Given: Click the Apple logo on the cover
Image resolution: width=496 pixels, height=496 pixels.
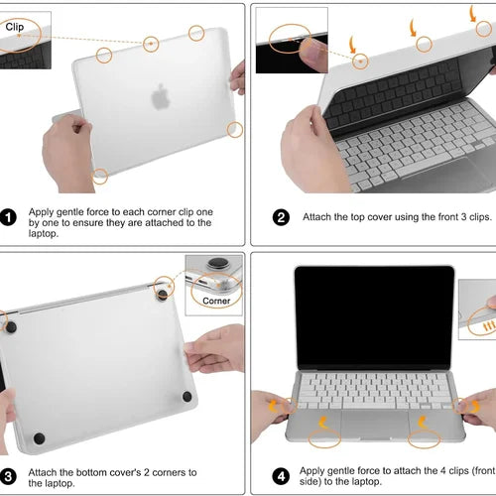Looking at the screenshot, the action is point(161,96).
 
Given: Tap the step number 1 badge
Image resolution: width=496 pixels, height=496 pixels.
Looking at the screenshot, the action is point(8,217).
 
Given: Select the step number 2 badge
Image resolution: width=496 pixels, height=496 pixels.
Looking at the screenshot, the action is point(281,217).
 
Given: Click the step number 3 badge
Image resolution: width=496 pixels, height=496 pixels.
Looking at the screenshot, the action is point(8,476).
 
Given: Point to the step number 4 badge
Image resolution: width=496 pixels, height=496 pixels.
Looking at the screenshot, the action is point(281,476).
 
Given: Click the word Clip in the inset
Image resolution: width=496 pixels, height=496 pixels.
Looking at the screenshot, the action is point(15,27).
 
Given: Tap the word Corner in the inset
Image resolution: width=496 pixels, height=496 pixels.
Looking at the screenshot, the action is point(216,301).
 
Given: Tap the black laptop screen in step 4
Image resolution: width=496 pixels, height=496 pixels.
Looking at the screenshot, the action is point(375,317).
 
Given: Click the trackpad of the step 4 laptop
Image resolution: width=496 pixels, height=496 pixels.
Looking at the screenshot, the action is point(375,424).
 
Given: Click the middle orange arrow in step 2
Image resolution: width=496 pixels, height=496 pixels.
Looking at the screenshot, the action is point(413,28).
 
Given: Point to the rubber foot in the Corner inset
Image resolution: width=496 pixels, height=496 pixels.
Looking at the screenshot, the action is point(218,263).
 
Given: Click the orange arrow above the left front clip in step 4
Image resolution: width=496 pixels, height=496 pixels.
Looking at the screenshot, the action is point(323,423).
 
